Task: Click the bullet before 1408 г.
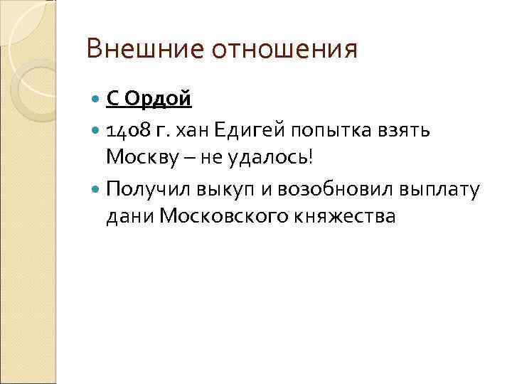tap(97, 131)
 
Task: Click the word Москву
tap(143, 156)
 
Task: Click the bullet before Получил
tap(97, 191)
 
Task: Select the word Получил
tap(147, 190)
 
